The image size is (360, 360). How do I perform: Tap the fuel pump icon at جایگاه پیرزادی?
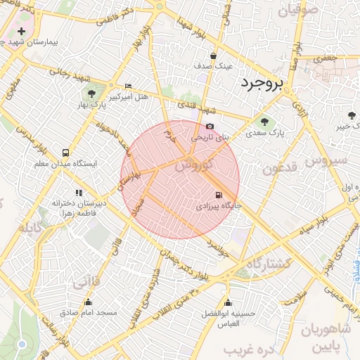click(x=218, y=195)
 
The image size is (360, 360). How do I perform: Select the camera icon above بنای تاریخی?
click(x=210, y=126)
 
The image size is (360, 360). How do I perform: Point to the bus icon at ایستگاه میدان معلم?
click(x=65, y=152)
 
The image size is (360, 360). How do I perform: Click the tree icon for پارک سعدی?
click(x=264, y=121)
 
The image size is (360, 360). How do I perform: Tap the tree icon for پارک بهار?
click(x=91, y=94)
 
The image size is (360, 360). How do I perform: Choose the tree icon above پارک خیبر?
click(x=352, y=115)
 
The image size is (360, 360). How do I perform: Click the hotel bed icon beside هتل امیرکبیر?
click(x=127, y=85)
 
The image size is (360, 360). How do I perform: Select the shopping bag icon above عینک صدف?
click(x=212, y=56)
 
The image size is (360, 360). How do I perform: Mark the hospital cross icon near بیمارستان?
click(x=22, y=32)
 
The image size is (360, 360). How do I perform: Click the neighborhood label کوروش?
click(x=191, y=166)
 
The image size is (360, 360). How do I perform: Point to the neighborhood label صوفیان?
click(x=299, y=11)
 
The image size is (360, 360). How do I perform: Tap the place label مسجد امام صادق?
click(x=89, y=311)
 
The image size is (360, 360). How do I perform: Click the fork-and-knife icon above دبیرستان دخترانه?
click(x=79, y=192)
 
